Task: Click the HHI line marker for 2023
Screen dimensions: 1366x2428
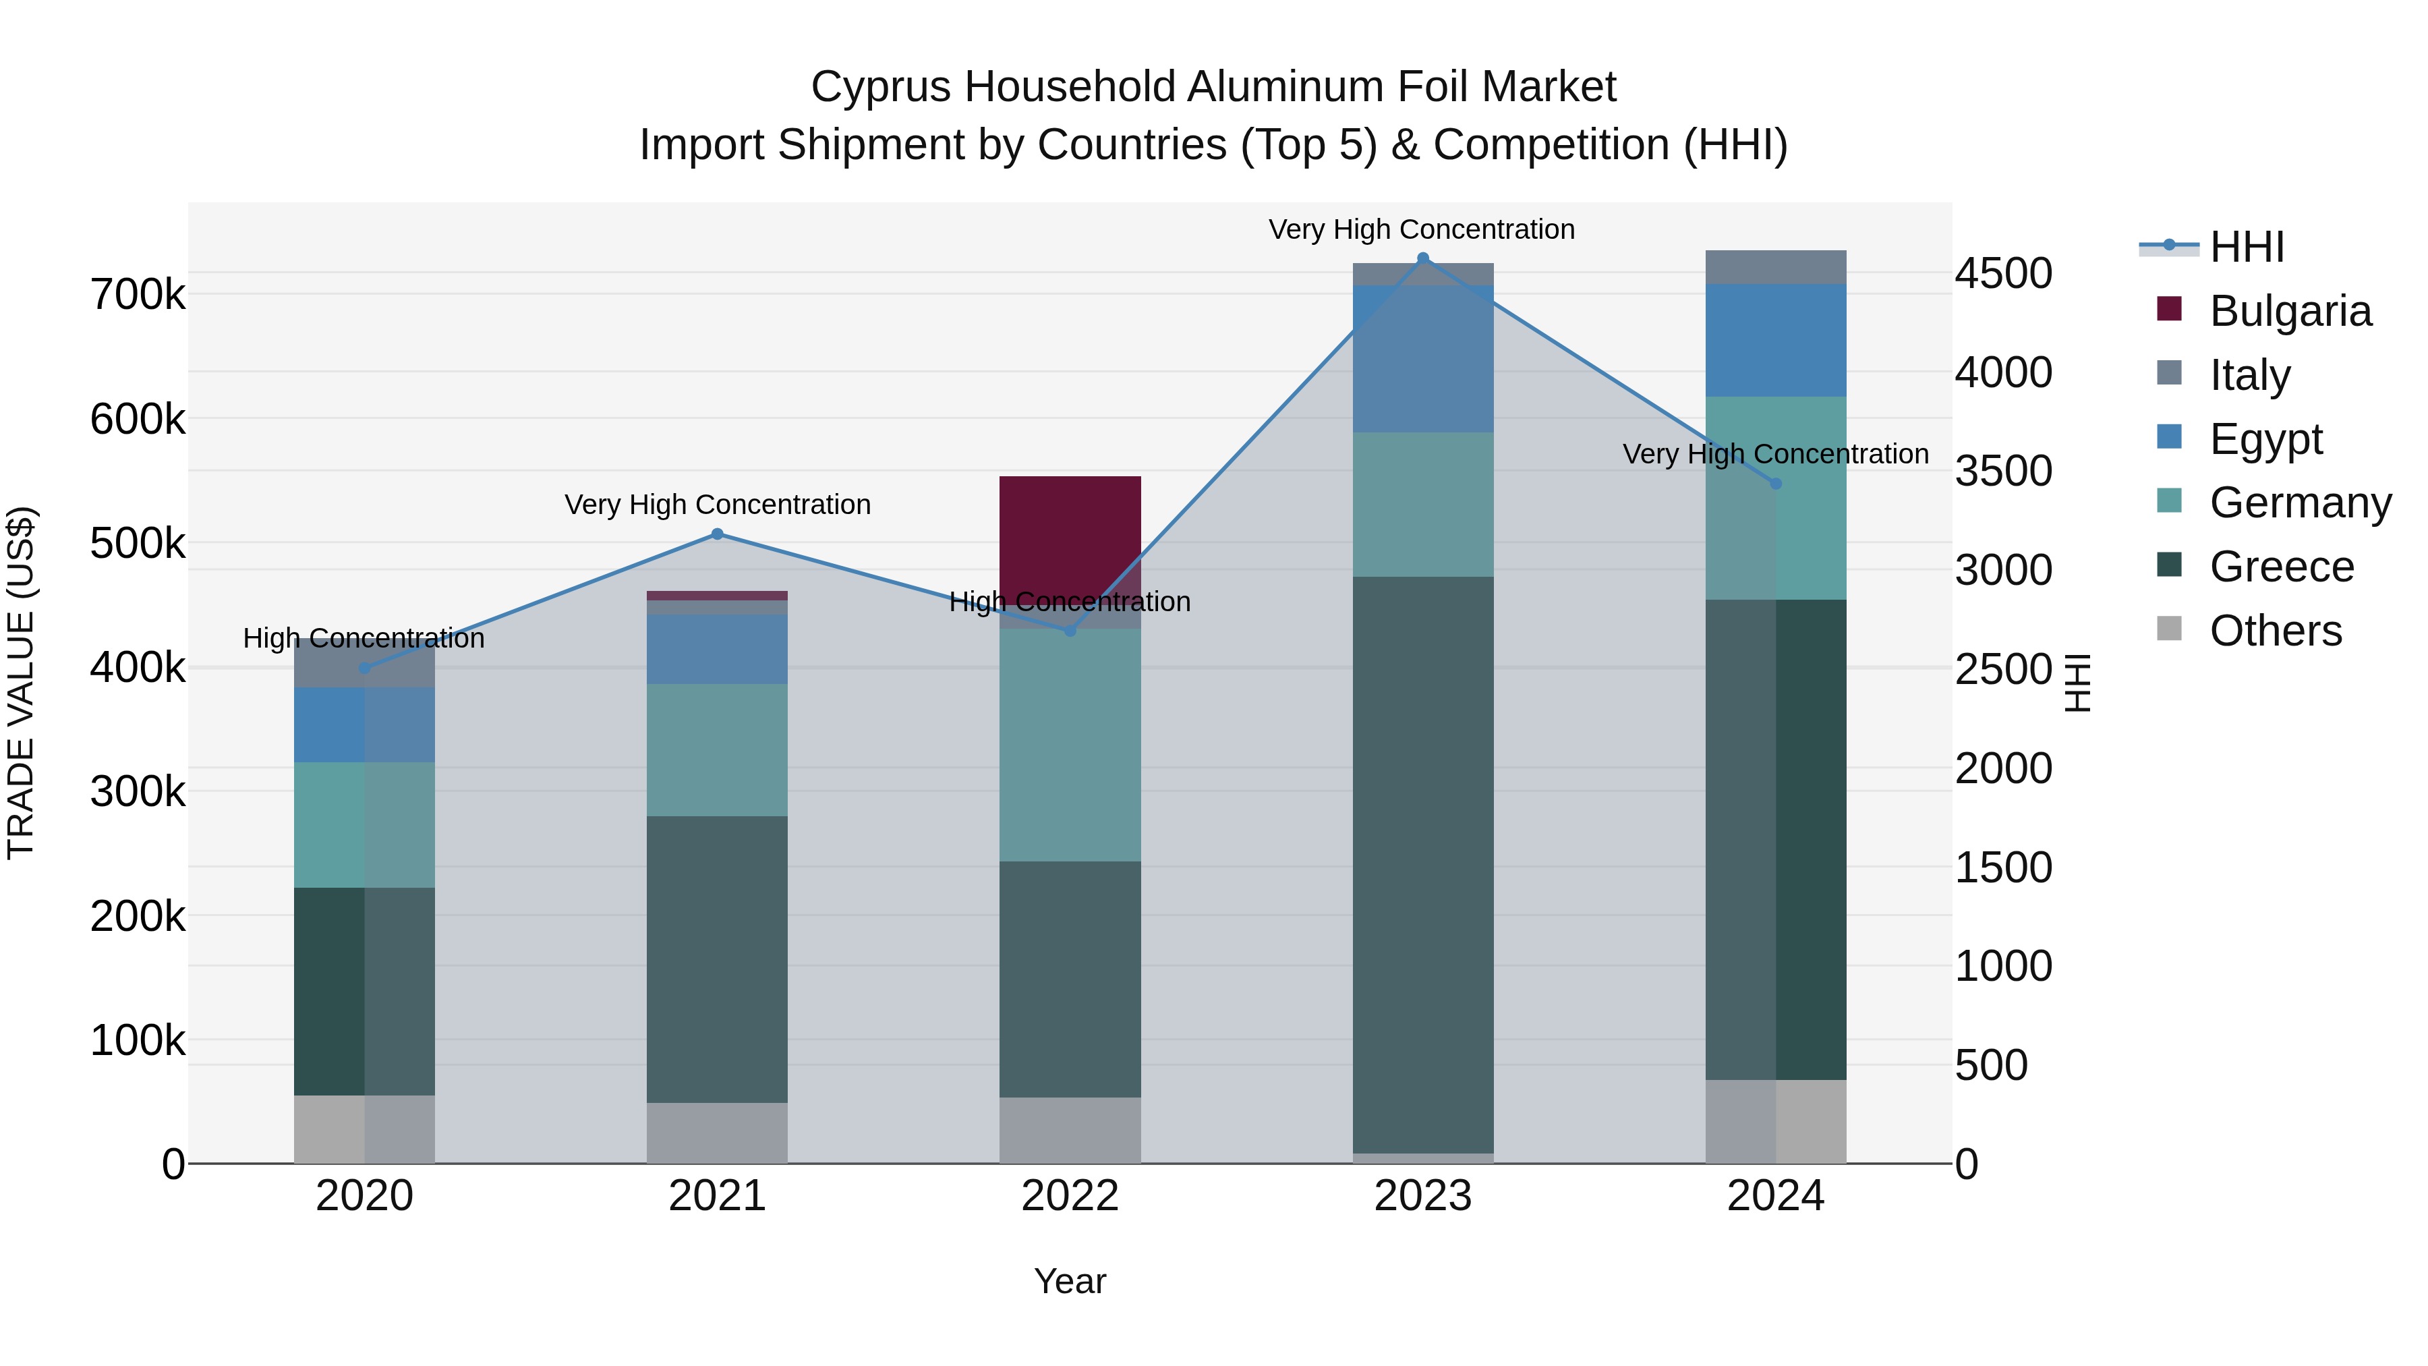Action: (x=1422, y=258)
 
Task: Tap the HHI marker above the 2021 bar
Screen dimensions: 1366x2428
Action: (x=718, y=534)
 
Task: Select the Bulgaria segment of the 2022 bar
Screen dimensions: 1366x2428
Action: (x=1070, y=533)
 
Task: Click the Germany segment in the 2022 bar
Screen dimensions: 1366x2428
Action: (x=1070, y=745)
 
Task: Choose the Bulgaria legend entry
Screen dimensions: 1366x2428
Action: (x=2290, y=311)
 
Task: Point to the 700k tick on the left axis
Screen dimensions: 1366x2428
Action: (x=138, y=295)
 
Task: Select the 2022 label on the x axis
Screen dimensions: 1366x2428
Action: (x=1070, y=1196)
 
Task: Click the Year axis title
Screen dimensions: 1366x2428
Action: (x=1070, y=1281)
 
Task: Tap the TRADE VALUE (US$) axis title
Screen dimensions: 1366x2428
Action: (x=21, y=683)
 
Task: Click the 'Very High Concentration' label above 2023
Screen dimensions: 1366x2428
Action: (x=1421, y=229)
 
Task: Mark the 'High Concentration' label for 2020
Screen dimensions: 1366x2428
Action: (x=364, y=638)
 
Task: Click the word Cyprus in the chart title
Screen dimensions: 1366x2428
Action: (x=881, y=87)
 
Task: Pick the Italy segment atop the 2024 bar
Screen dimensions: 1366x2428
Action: (x=1775, y=266)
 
